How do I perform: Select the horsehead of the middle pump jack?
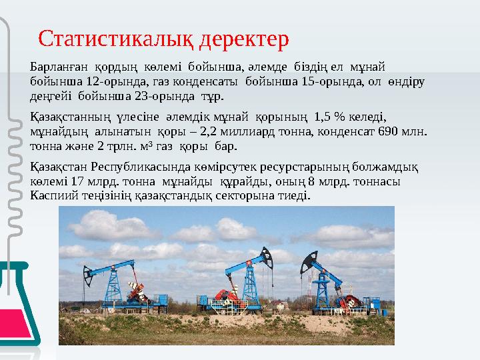[x=267, y=255]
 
